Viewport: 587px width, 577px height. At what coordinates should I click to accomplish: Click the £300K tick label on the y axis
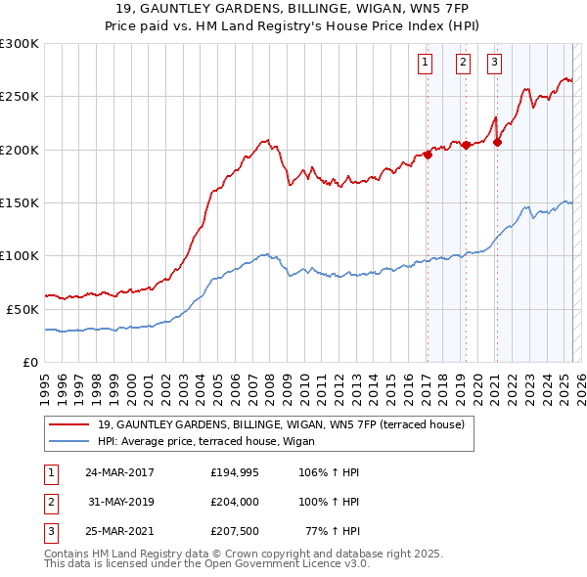click(x=20, y=44)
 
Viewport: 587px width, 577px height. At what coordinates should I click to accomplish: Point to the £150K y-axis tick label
click(x=20, y=202)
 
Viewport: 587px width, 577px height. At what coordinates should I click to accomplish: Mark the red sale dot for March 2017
click(x=428, y=155)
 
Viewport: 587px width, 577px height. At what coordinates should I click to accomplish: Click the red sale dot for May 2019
click(x=466, y=145)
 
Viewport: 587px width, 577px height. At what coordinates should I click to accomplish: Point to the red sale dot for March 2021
click(x=497, y=142)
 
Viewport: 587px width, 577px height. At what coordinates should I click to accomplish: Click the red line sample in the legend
click(x=68, y=424)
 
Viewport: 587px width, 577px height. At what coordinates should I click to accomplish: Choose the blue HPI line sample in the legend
click(x=68, y=440)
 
